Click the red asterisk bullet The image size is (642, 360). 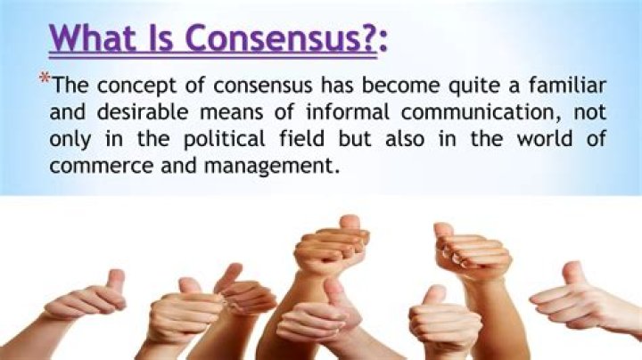[45, 80]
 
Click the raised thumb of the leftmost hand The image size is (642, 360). [115, 279]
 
